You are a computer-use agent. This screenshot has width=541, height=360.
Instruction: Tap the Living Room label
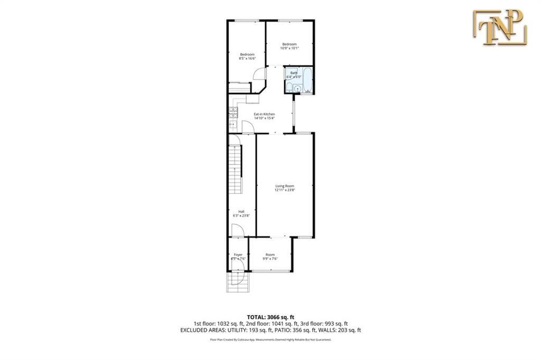(x=285, y=186)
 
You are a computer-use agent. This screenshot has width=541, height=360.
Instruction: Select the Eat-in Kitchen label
(x=264, y=115)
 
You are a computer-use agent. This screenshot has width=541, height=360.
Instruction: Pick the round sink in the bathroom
(x=297, y=89)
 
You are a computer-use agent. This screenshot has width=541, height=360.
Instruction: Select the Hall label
(x=241, y=211)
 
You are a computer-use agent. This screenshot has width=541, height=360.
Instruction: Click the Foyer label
(x=238, y=255)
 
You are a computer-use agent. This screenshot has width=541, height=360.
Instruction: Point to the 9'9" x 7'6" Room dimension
(x=270, y=259)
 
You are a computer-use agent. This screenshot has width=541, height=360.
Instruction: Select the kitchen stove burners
(x=233, y=112)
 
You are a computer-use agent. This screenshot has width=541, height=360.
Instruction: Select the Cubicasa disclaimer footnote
(x=270, y=340)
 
